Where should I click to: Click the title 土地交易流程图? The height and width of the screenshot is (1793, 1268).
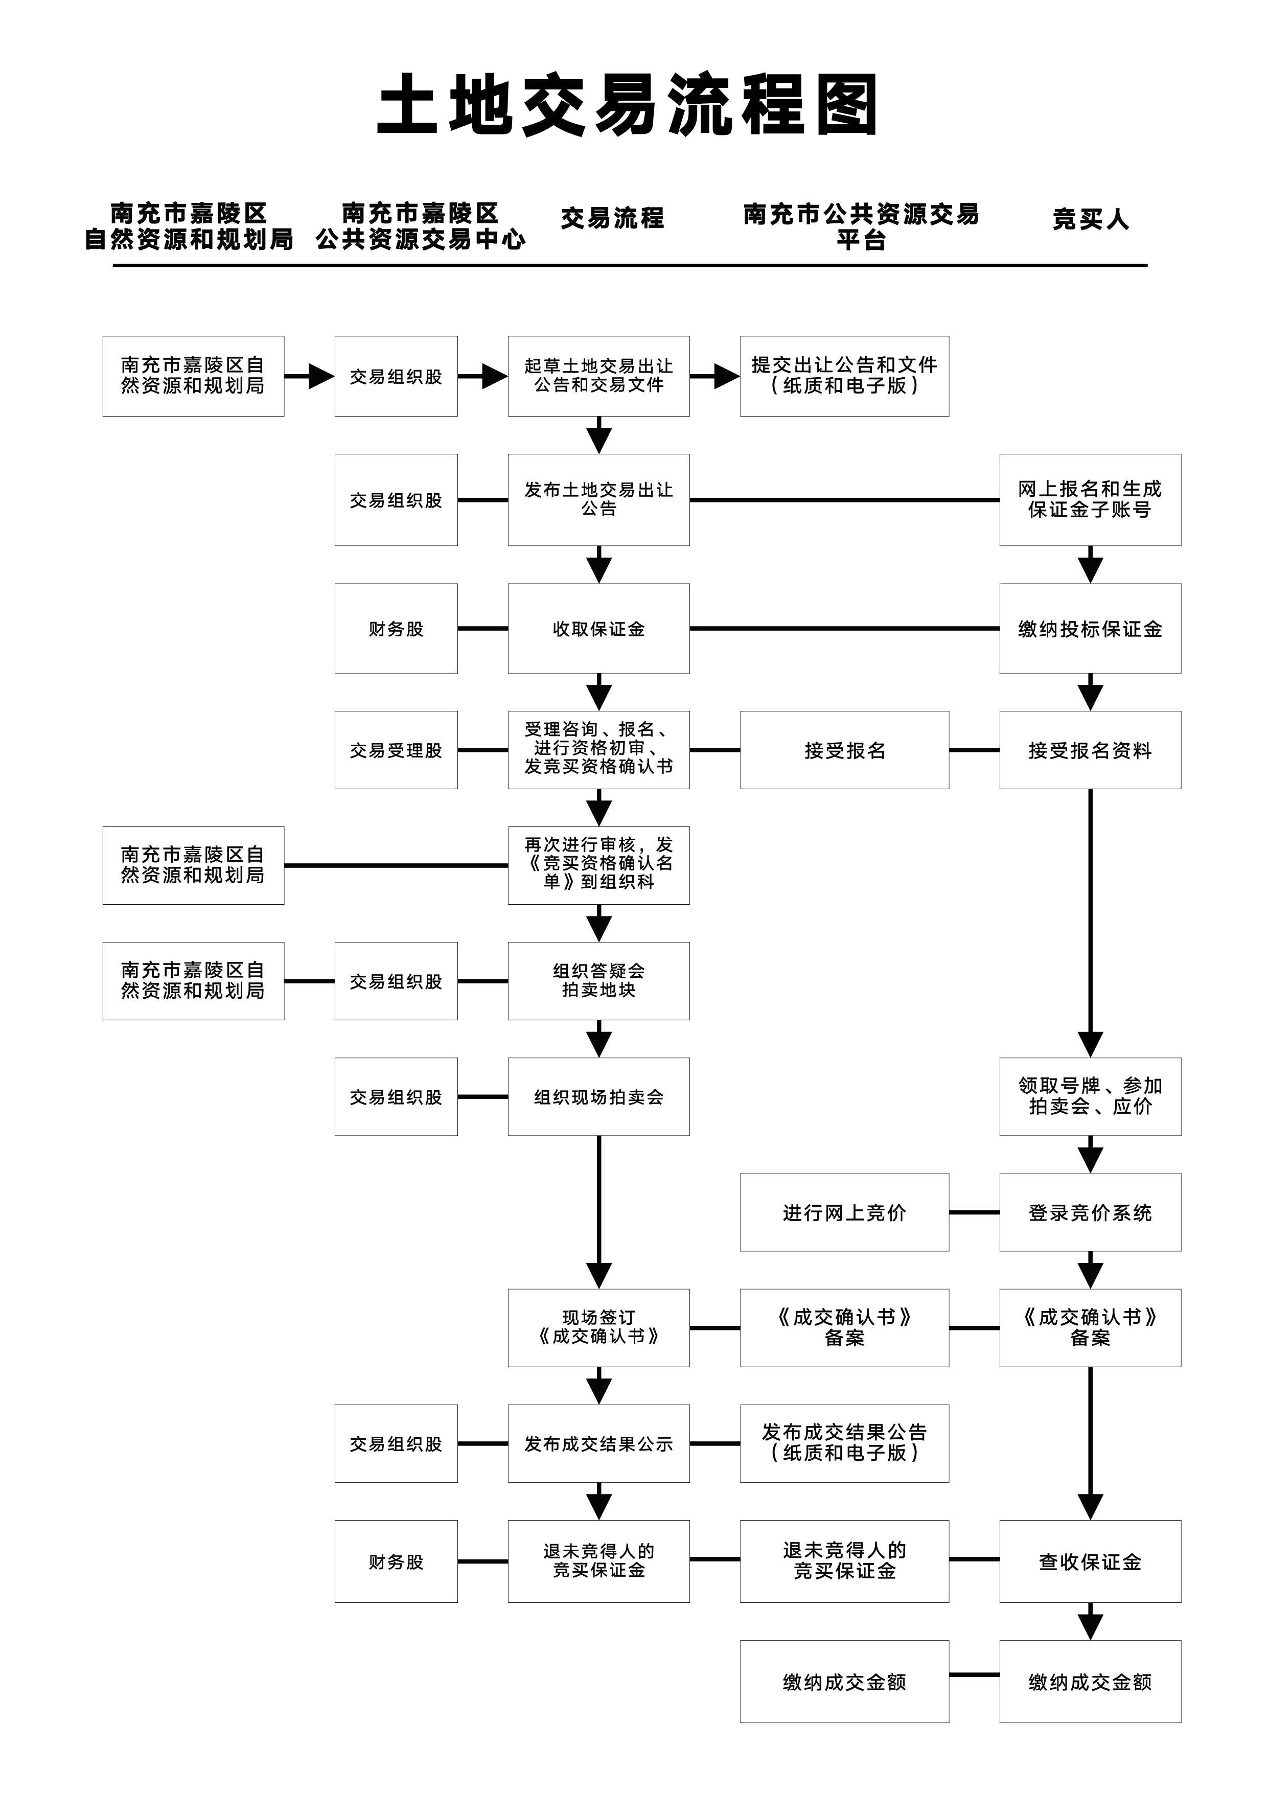click(629, 105)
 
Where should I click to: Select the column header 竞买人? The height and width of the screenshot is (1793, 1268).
click(1090, 219)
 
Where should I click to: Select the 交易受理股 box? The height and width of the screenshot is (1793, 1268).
click(396, 750)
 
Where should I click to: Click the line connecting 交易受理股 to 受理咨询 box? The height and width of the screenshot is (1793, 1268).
click(482, 750)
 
